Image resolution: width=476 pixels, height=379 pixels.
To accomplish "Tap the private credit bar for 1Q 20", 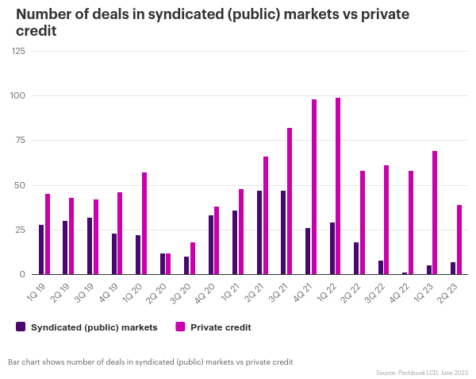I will pos(144,223).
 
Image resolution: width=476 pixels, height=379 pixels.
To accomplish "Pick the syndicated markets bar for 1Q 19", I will pos(41,249).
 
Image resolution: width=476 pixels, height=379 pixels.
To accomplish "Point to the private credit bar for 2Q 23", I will pos(459,239).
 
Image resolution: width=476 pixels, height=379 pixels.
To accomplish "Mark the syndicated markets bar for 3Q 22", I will pos(381,267).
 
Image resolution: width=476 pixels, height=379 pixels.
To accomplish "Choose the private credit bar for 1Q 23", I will pos(435,212).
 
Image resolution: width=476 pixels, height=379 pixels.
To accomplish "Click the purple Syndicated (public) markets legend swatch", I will pos(21,327).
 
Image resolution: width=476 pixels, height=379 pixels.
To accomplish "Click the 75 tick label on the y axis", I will pos(20,141).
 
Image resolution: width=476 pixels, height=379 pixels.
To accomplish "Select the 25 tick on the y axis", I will pos(20,230).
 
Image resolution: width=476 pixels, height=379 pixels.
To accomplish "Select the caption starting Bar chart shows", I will pos(151,362).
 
